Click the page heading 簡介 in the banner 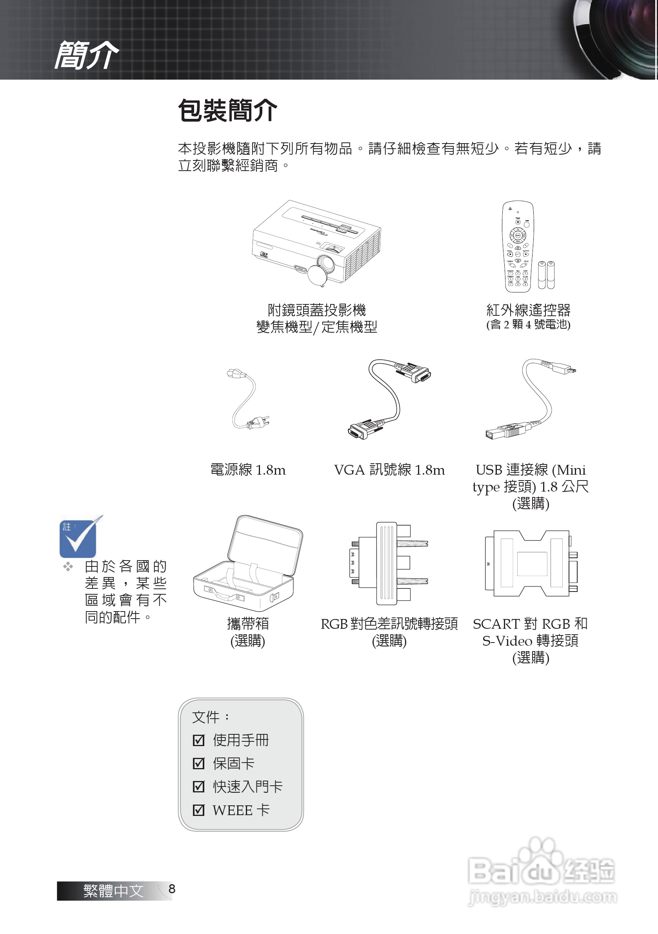coord(86,55)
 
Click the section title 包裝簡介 coord(227,110)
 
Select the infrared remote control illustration coord(518,246)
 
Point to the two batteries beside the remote coord(546,275)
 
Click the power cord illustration coord(246,399)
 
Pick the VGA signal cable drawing coord(388,399)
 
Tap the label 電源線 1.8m coord(248,470)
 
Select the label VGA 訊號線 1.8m coord(389,470)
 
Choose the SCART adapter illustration coord(530,563)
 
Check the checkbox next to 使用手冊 coord(198,740)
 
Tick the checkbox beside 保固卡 coord(198,763)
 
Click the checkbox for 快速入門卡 coord(198,787)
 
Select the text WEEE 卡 coord(241,810)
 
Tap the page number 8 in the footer coord(172,889)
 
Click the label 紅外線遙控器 coord(528,310)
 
